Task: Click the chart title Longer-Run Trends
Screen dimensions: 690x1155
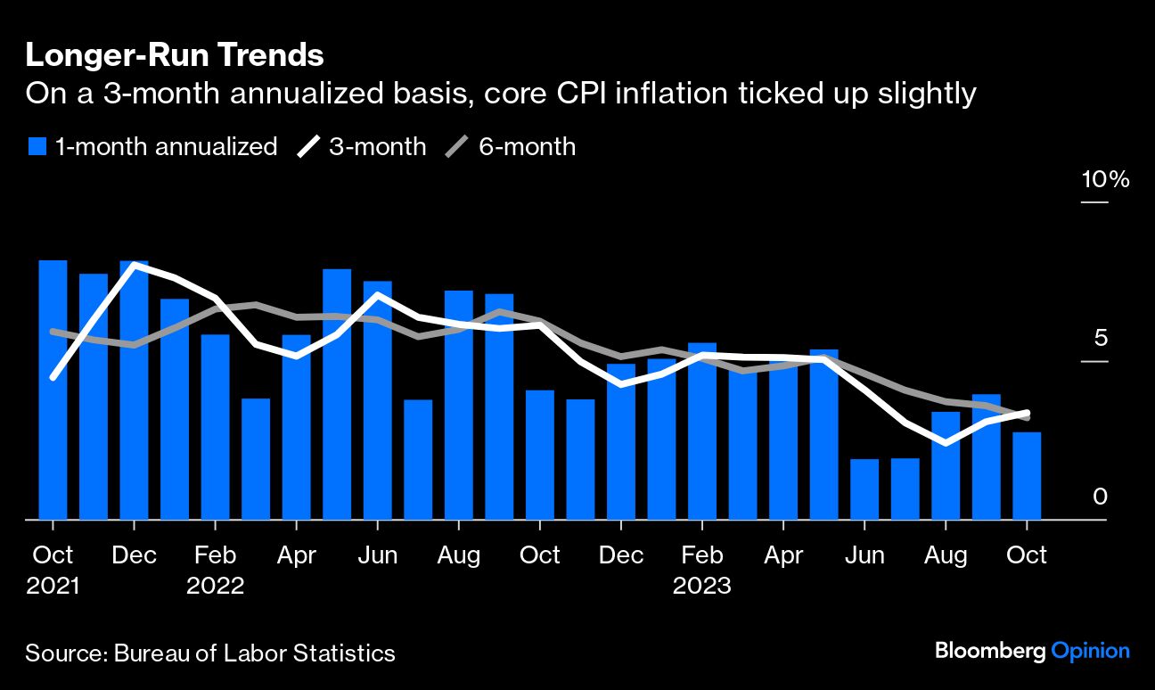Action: pos(174,55)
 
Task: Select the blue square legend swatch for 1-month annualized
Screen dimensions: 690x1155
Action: pos(36,146)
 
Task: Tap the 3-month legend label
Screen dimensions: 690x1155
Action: pos(377,146)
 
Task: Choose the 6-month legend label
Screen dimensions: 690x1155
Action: pos(527,146)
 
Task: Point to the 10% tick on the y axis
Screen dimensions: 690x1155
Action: pos(1105,180)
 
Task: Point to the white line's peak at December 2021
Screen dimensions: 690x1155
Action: pos(135,265)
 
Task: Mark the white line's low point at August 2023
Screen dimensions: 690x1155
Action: pos(946,442)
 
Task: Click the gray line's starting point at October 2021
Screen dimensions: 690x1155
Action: pos(53,332)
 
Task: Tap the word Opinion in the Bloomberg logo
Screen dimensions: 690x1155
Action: pos(1090,651)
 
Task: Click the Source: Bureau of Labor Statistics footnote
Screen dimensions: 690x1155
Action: pos(210,653)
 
